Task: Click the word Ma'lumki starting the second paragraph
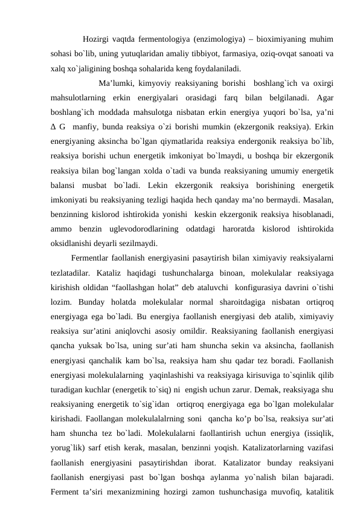coord(117,82)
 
